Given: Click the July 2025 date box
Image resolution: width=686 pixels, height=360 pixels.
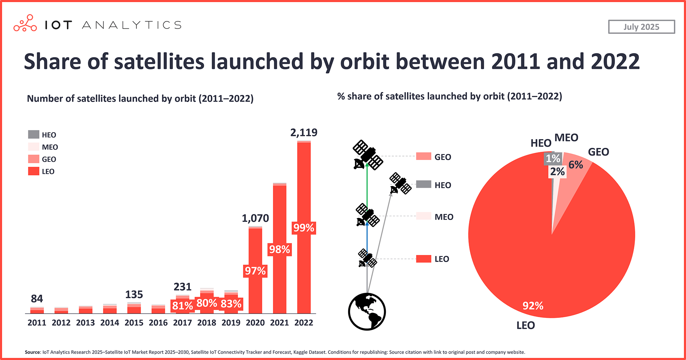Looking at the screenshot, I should (x=641, y=27).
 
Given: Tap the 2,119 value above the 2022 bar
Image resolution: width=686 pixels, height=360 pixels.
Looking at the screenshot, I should (x=304, y=132).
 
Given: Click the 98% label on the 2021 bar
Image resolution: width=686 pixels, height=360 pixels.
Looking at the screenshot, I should (x=279, y=249).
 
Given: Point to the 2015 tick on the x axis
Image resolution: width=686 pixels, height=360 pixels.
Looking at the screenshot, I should (x=134, y=322).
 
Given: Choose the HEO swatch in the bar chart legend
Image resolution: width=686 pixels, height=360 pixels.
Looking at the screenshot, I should (x=34, y=135).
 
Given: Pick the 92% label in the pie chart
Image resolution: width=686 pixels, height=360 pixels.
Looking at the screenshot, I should (x=533, y=306).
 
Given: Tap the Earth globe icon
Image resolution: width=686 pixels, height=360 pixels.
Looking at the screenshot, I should (x=367, y=311).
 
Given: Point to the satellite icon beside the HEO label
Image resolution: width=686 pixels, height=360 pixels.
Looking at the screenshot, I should (x=400, y=184).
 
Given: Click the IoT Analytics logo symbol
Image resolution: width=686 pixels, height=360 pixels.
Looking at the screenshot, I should (x=25, y=24).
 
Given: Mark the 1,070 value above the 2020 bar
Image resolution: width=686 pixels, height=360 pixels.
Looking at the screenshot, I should (x=255, y=218).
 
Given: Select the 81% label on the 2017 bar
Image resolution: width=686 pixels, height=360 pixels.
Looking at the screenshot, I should (x=182, y=306).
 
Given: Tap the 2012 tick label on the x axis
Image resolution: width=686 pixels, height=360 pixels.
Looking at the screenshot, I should (x=61, y=322).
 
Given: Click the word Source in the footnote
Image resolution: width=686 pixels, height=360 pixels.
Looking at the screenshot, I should (x=32, y=352).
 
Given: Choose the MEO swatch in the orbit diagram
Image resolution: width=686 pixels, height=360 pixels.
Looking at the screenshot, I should (x=423, y=216).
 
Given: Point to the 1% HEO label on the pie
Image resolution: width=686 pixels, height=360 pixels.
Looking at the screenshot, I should (x=553, y=158).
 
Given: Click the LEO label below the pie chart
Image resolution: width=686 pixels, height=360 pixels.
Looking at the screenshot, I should (x=526, y=325).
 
